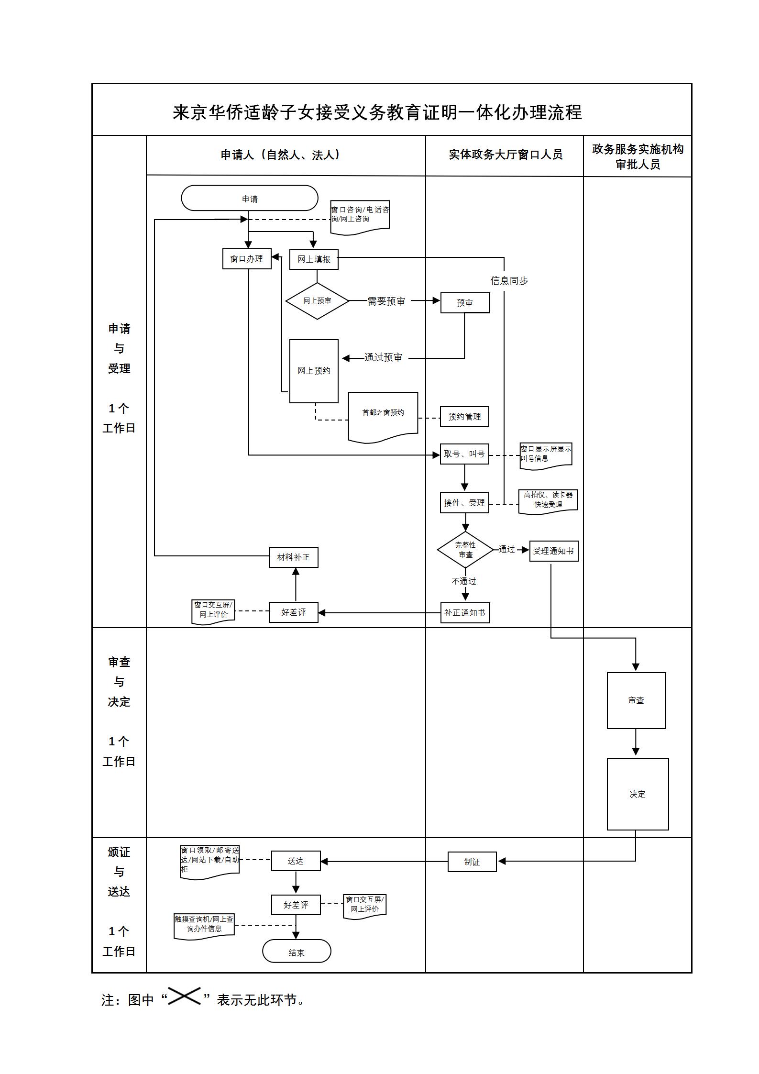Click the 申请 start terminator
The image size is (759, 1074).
click(249, 198)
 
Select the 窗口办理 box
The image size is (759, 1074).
click(247, 259)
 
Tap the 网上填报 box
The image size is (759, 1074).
click(314, 259)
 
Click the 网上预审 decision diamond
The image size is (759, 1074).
click(317, 301)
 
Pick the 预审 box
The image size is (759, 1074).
click(465, 303)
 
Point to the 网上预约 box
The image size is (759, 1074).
click(314, 371)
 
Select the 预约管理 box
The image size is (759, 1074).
click(464, 417)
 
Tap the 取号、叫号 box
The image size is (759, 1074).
click(464, 454)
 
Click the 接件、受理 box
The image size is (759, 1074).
click(464, 503)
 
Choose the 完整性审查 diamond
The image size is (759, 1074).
click(465, 550)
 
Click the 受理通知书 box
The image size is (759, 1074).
click(554, 551)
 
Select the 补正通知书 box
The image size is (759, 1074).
click(465, 613)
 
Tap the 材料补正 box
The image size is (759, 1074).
click(294, 557)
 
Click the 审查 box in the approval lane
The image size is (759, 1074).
click(636, 700)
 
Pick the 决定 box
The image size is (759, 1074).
click(638, 794)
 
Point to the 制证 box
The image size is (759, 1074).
click(472, 862)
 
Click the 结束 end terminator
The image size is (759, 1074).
click(297, 953)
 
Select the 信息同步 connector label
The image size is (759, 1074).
click(509, 281)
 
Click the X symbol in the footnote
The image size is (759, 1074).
click(184, 996)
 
